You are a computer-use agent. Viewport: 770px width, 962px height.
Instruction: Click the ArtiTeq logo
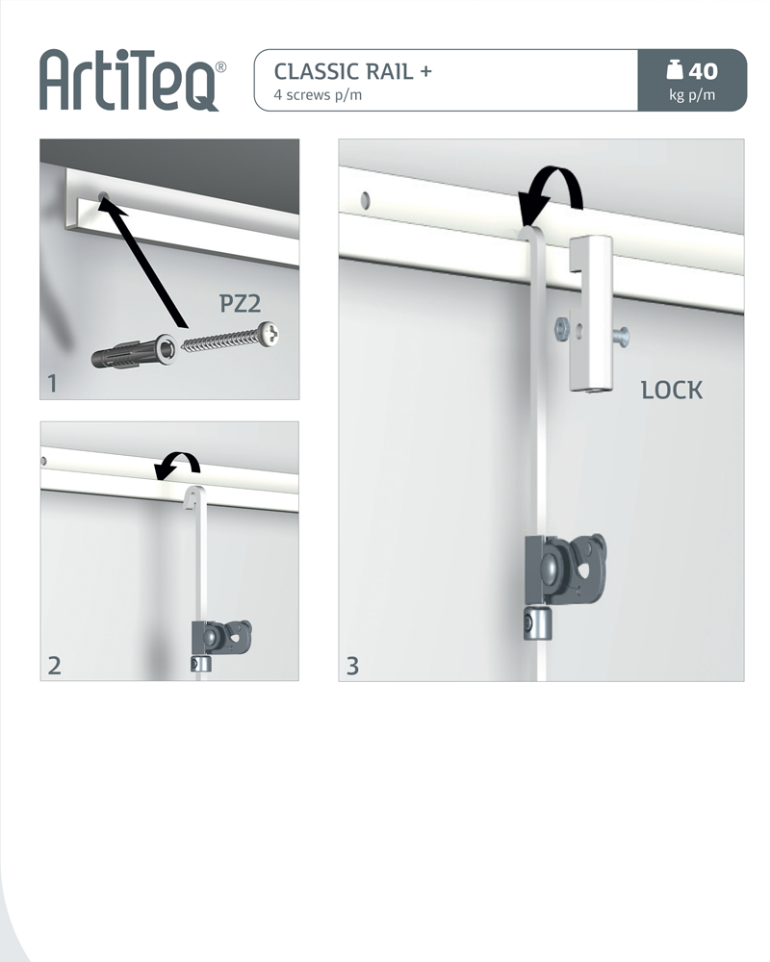click(133, 80)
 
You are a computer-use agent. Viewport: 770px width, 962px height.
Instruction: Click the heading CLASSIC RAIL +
click(353, 72)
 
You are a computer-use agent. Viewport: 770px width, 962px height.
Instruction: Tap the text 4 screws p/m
click(318, 95)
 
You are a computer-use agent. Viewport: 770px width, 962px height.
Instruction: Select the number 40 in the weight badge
click(703, 71)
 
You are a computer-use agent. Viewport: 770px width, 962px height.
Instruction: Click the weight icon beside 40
click(675, 70)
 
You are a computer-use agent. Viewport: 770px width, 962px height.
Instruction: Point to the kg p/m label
click(692, 95)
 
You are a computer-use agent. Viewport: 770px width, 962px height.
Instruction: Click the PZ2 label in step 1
click(240, 303)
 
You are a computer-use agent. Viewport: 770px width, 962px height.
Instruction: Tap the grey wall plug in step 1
click(133, 352)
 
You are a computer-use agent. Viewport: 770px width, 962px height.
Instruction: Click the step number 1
click(52, 384)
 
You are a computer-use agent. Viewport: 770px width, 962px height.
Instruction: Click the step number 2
click(54, 666)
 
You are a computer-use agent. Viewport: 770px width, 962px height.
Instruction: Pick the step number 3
click(352, 666)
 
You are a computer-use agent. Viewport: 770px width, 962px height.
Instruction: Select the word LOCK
click(672, 391)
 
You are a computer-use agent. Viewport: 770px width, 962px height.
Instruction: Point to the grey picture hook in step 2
click(221, 638)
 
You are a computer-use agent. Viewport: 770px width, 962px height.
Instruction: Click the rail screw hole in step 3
click(366, 200)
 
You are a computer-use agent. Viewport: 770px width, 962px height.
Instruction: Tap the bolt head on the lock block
click(621, 336)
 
